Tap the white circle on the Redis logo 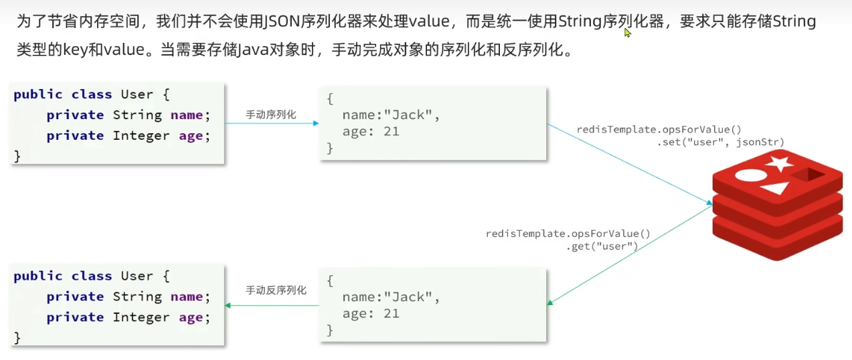click(749, 176)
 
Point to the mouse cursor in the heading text click(627, 32)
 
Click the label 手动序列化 click(270, 115)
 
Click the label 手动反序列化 click(276, 290)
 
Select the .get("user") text click(602, 246)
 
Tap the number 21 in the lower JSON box click(391, 313)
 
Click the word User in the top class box click(137, 94)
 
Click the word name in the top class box click(186, 115)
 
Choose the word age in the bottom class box click(190, 317)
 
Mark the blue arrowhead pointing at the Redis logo click(709, 203)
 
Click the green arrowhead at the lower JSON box click(550, 302)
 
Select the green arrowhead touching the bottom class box click(228, 305)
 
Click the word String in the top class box click(137, 115)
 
